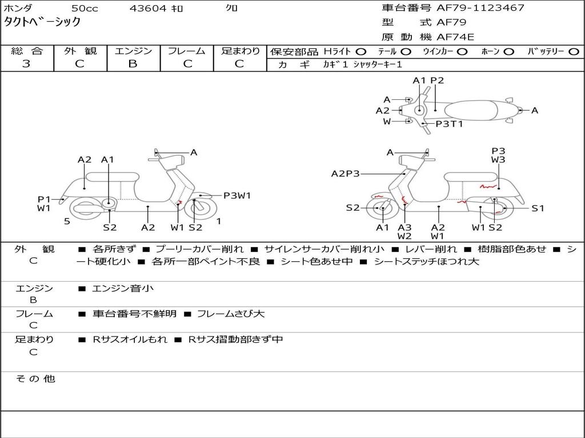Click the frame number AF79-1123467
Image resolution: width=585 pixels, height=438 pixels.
[480, 8]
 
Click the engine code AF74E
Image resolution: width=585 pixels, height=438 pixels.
[455, 37]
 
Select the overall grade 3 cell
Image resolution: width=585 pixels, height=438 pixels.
[26, 64]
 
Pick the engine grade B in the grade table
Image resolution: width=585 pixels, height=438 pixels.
[133, 64]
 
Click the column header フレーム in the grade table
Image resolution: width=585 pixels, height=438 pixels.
[186, 51]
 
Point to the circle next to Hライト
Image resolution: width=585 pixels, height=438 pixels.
[361, 51]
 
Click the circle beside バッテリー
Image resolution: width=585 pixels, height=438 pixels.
[574, 51]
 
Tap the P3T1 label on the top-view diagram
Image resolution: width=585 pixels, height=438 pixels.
[449, 124]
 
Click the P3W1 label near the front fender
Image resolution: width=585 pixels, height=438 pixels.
[237, 196]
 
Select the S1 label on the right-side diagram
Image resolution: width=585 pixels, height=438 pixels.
[538, 208]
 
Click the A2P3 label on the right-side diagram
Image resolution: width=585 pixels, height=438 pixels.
[345, 173]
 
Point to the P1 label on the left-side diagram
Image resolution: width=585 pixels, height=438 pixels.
[44, 199]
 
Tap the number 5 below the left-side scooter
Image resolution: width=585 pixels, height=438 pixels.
[67, 221]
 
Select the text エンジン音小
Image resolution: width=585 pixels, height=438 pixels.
[123, 289]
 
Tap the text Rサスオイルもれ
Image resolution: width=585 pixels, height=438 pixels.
[130, 339]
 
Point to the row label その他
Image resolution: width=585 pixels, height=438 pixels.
[35, 379]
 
